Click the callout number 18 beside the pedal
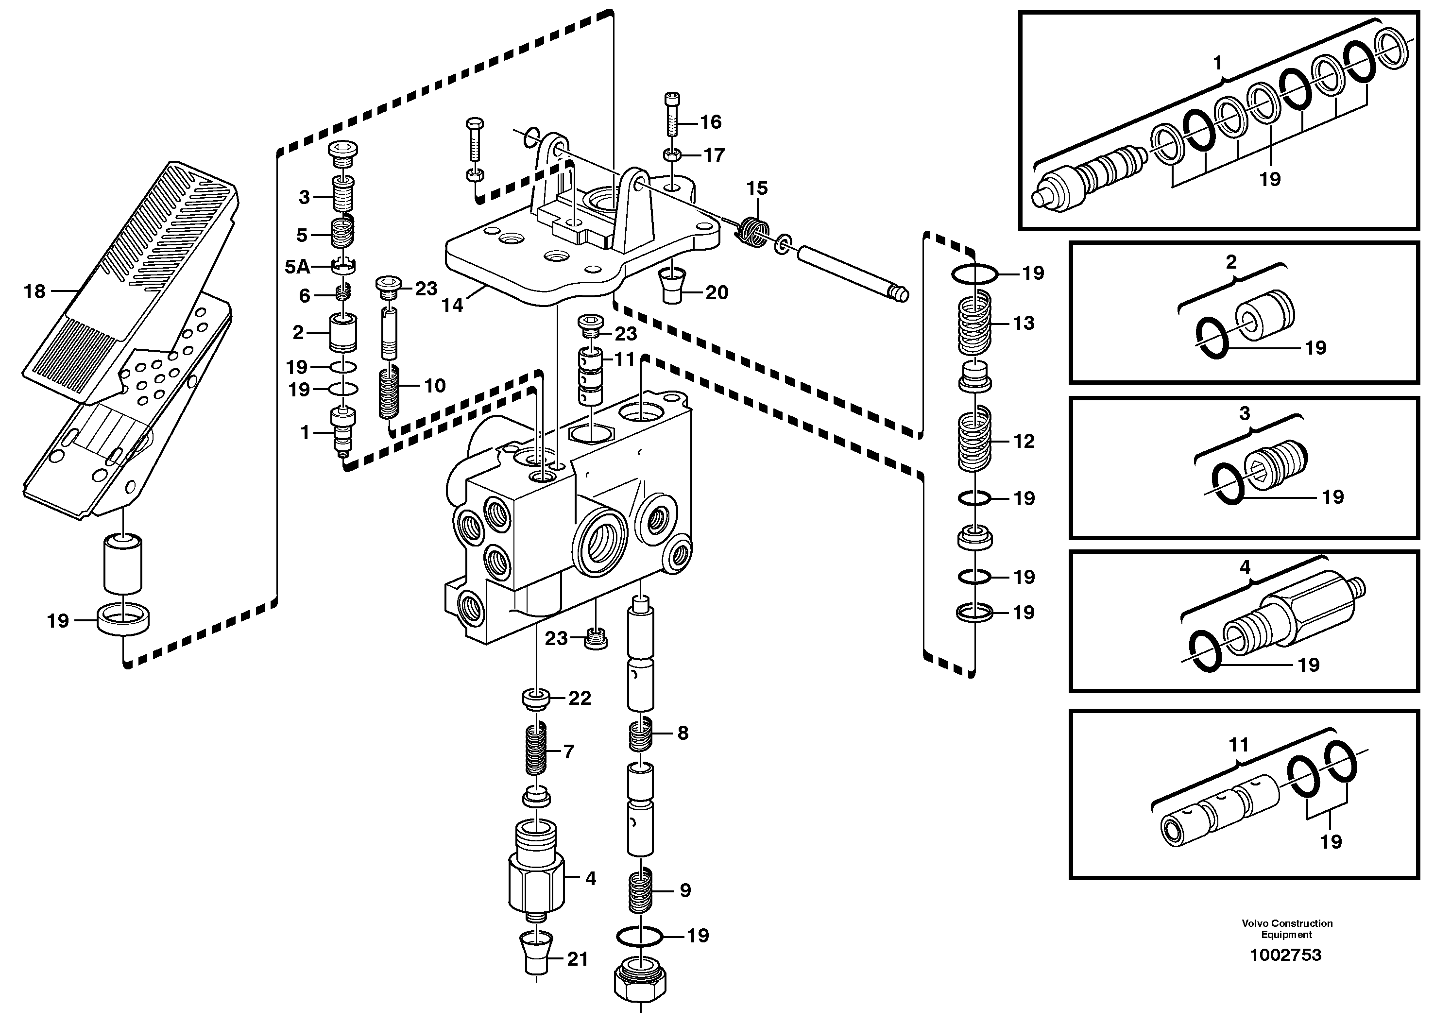pos(34,292)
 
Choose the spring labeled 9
pos(641,890)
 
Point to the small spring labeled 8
pos(641,734)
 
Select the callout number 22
pos(580,698)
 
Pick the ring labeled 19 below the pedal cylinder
pos(123,620)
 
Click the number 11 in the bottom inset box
pos(1238,745)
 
